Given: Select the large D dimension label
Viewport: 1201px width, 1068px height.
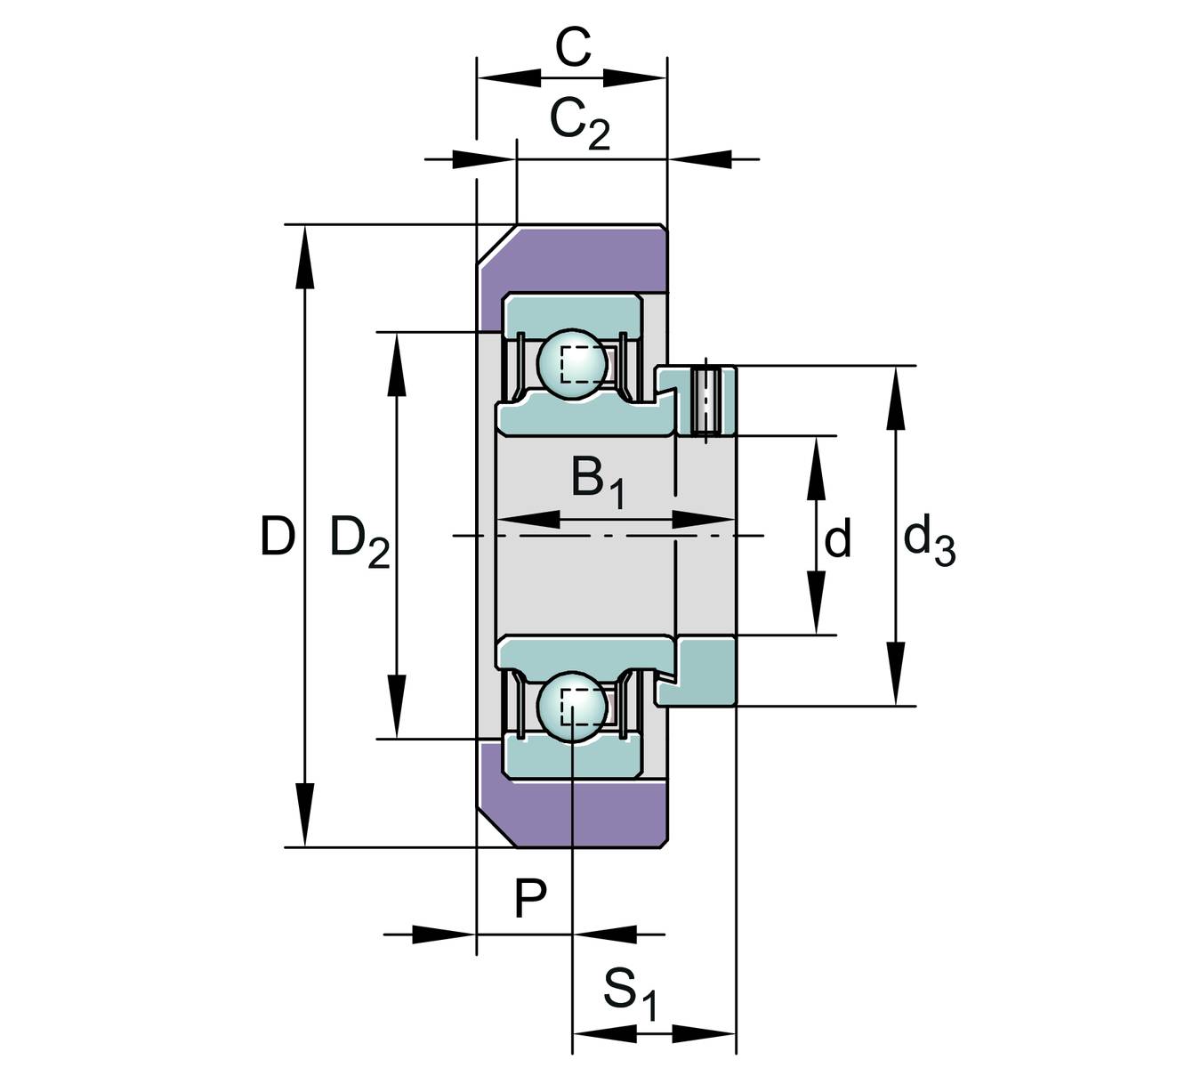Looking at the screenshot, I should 277,537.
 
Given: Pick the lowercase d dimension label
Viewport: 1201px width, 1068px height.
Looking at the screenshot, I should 837,539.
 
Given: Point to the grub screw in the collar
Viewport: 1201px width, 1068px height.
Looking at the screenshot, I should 705,401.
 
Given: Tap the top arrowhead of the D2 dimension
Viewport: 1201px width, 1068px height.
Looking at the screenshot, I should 398,364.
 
